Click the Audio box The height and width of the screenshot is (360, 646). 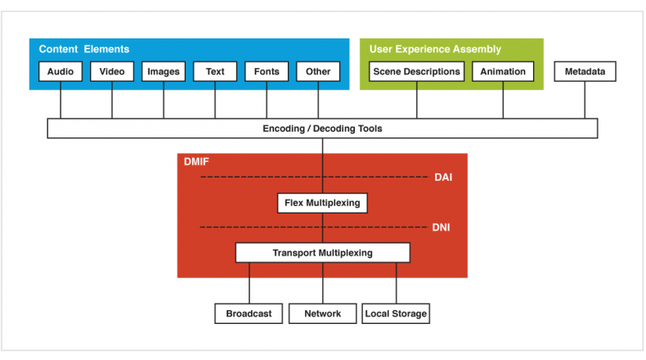coord(61,71)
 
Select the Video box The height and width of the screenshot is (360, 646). coord(112,71)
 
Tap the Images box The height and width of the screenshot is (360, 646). coord(164,71)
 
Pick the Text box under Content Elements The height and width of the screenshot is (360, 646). coord(215,71)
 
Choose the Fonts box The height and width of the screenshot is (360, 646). coord(267,71)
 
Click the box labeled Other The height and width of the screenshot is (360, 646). coord(318,71)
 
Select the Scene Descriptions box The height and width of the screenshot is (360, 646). coord(416,71)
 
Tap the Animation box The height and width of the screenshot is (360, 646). coord(503,71)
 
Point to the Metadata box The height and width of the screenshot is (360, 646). coord(585,71)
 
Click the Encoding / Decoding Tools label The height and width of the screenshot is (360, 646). coord(322,128)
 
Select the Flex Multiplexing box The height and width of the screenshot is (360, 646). coord(322,203)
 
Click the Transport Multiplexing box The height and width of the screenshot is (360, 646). coord(322,253)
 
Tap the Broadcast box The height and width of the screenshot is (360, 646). coord(249,314)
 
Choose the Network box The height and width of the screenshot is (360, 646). coord(322,314)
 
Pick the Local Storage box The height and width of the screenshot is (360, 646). coord(396,314)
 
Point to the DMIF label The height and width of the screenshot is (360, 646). coord(196,162)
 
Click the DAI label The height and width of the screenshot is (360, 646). coord(443,178)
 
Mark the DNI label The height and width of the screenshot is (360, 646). coord(441,227)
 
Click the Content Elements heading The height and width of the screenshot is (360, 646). coord(84,49)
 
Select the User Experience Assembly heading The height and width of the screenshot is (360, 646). coord(435,49)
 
